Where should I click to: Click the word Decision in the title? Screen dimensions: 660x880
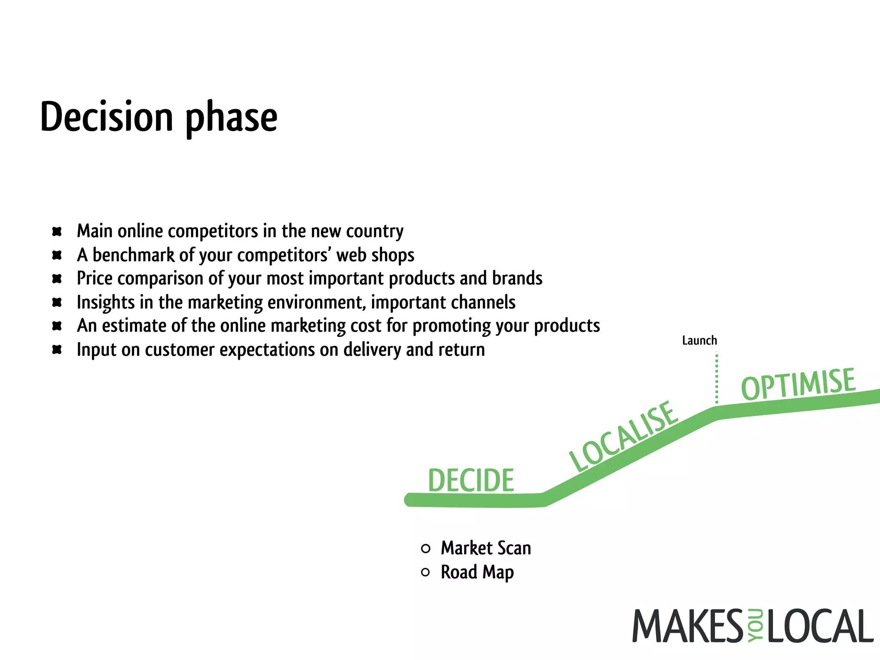click(x=107, y=117)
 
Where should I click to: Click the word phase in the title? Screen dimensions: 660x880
click(x=231, y=119)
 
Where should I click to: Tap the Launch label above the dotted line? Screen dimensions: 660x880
click(x=700, y=341)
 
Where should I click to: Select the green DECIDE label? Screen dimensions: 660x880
click(x=471, y=480)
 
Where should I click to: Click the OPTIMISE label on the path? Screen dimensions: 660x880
click(x=798, y=384)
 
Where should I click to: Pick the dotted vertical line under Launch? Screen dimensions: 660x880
click(x=716, y=378)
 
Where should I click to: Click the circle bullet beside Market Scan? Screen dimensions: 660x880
click(x=425, y=548)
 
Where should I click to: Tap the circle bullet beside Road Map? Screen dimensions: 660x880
click(x=425, y=572)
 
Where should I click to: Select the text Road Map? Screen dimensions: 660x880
click(x=477, y=572)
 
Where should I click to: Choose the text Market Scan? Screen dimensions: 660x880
click(x=486, y=548)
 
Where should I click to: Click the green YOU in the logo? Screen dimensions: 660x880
click(x=755, y=626)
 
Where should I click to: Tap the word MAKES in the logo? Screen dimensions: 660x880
click(x=687, y=626)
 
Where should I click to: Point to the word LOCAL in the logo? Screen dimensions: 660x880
click(x=820, y=626)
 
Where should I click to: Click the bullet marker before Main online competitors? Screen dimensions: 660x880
click(x=57, y=232)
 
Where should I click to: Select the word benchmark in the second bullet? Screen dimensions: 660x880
click(x=134, y=255)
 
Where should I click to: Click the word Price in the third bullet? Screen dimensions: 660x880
click(x=95, y=278)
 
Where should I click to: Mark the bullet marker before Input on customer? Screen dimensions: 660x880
click(x=57, y=349)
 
